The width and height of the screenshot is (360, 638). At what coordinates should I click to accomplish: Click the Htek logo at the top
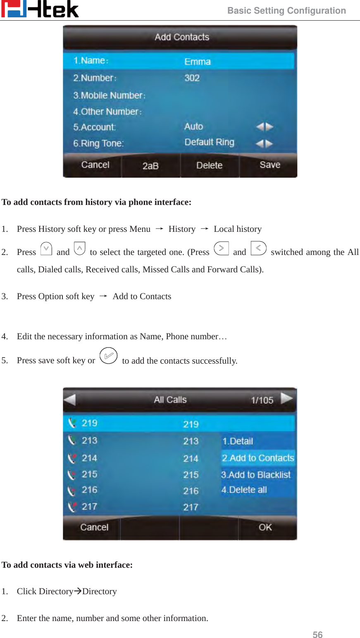click(x=40, y=9)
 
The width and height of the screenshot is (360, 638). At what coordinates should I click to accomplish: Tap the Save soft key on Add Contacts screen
click(x=269, y=165)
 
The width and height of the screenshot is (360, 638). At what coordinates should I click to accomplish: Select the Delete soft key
click(x=209, y=165)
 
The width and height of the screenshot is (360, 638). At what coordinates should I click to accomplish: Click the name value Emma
click(x=197, y=62)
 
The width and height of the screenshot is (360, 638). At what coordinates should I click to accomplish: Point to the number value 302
click(x=192, y=78)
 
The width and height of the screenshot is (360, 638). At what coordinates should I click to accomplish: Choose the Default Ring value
click(x=209, y=143)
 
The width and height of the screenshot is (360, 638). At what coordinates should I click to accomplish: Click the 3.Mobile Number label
click(x=109, y=95)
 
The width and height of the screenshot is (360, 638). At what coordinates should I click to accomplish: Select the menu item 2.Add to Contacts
click(x=258, y=458)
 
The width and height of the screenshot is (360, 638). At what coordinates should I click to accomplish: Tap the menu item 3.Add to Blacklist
click(x=256, y=475)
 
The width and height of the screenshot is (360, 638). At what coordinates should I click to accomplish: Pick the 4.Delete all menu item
click(x=244, y=490)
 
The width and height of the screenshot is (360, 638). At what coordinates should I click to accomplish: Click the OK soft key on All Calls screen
click(x=265, y=527)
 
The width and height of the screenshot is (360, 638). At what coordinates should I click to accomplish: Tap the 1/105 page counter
click(x=262, y=400)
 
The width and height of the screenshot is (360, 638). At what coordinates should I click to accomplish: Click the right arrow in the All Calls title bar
click(x=286, y=399)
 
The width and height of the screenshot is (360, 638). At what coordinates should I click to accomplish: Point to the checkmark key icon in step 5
click(x=108, y=356)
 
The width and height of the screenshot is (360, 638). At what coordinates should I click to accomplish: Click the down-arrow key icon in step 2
click(x=46, y=249)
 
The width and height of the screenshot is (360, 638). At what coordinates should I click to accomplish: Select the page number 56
click(x=317, y=635)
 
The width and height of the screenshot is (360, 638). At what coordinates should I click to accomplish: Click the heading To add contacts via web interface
click(x=67, y=565)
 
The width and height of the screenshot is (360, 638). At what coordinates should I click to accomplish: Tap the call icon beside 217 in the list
click(x=72, y=507)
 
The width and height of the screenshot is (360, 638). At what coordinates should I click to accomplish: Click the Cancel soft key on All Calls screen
click(x=94, y=527)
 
